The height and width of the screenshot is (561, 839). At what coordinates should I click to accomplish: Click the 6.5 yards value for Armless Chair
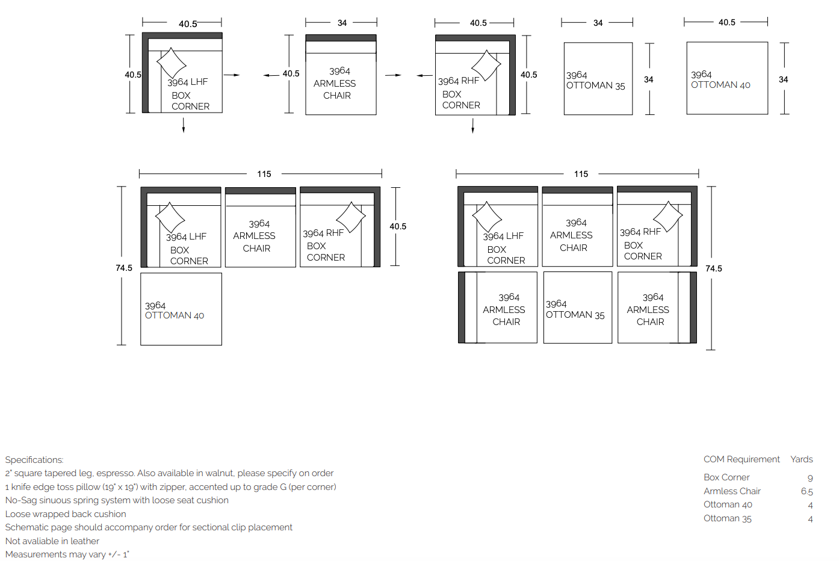click(x=806, y=491)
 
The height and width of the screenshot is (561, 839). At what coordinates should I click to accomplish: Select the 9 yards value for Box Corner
click(x=810, y=479)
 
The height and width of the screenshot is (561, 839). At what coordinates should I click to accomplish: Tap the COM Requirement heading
click(x=741, y=459)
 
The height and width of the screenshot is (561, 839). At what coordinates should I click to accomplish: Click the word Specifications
click(x=34, y=460)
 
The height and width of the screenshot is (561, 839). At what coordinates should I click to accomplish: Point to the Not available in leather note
click(x=52, y=541)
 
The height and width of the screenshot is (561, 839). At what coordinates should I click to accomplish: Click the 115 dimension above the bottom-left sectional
click(x=264, y=174)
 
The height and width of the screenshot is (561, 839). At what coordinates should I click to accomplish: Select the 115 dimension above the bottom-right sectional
click(x=581, y=174)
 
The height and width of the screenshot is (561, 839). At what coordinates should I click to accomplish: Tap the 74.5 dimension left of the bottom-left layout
click(x=124, y=268)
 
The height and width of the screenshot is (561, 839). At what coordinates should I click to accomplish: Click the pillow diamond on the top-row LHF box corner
click(x=171, y=63)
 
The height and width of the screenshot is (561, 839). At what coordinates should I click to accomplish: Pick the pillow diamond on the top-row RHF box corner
click(x=486, y=66)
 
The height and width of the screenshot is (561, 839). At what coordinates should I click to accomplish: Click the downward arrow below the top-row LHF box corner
click(x=184, y=125)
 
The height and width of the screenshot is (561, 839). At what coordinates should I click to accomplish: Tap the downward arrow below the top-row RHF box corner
click(x=472, y=126)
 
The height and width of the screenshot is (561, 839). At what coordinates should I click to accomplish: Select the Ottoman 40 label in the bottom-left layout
click(x=174, y=311)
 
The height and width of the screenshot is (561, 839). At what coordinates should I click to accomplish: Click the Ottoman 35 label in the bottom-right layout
click(x=575, y=309)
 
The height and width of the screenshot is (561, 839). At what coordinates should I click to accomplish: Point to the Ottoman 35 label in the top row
click(x=595, y=81)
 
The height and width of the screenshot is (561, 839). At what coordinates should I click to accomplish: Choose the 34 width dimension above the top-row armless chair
click(x=342, y=23)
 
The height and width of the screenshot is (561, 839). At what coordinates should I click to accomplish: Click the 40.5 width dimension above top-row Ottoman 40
click(x=726, y=22)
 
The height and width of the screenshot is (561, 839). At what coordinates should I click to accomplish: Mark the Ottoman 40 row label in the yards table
click(x=728, y=504)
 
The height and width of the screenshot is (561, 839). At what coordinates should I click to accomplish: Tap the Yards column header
click(x=802, y=459)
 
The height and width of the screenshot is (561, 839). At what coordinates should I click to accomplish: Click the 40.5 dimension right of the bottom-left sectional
click(x=398, y=226)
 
